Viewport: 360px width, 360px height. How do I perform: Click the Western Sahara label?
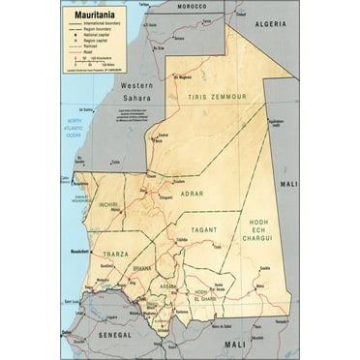(136, 91)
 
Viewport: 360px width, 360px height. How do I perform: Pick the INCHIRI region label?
(109, 204)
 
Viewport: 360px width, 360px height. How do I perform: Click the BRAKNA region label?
(142, 268)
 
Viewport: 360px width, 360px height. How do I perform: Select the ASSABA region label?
(168, 286)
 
